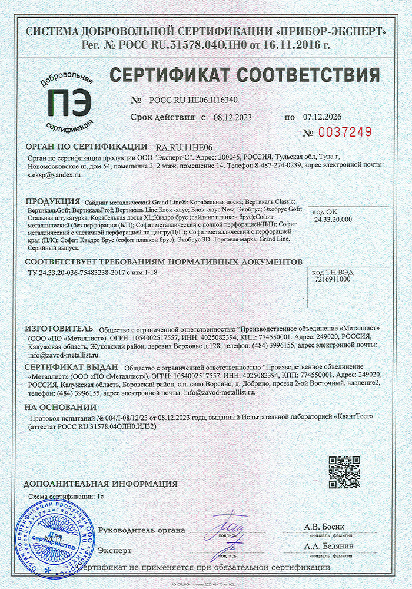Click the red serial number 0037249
pyautogui.click(x=345, y=131)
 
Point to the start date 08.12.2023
pyautogui.click(x=232, y=117)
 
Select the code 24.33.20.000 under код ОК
pyautogui.click(x=333, y=219)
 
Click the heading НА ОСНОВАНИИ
pyautogui.click(x=60, y=408)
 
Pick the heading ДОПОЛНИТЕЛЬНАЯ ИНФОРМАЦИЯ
pyautogui.click(x=101, y=484)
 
